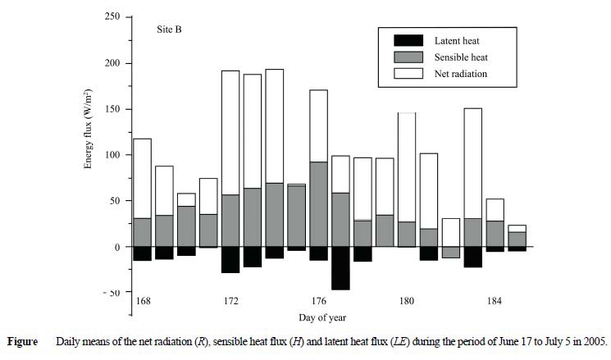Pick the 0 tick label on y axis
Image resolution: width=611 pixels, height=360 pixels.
pyautogui.click(x=117, y=247)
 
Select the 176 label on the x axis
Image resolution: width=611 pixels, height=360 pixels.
pyautogui.click(x=318, y=301)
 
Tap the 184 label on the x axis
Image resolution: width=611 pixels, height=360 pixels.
pyautogui.click(x=495, y=301)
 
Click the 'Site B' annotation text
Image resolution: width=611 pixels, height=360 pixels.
pyautogui.click(x=169, y=30)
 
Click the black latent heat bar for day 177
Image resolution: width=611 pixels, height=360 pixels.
pyautogui.click(x=340, y=267)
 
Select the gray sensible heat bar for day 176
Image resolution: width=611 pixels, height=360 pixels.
pyautogui.click(x=318, y=203)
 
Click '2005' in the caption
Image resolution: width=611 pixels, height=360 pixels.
pyautogui.click(x=592, y=340)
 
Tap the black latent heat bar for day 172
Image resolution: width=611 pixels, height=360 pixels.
pyautogui.click(x=230, y=259)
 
